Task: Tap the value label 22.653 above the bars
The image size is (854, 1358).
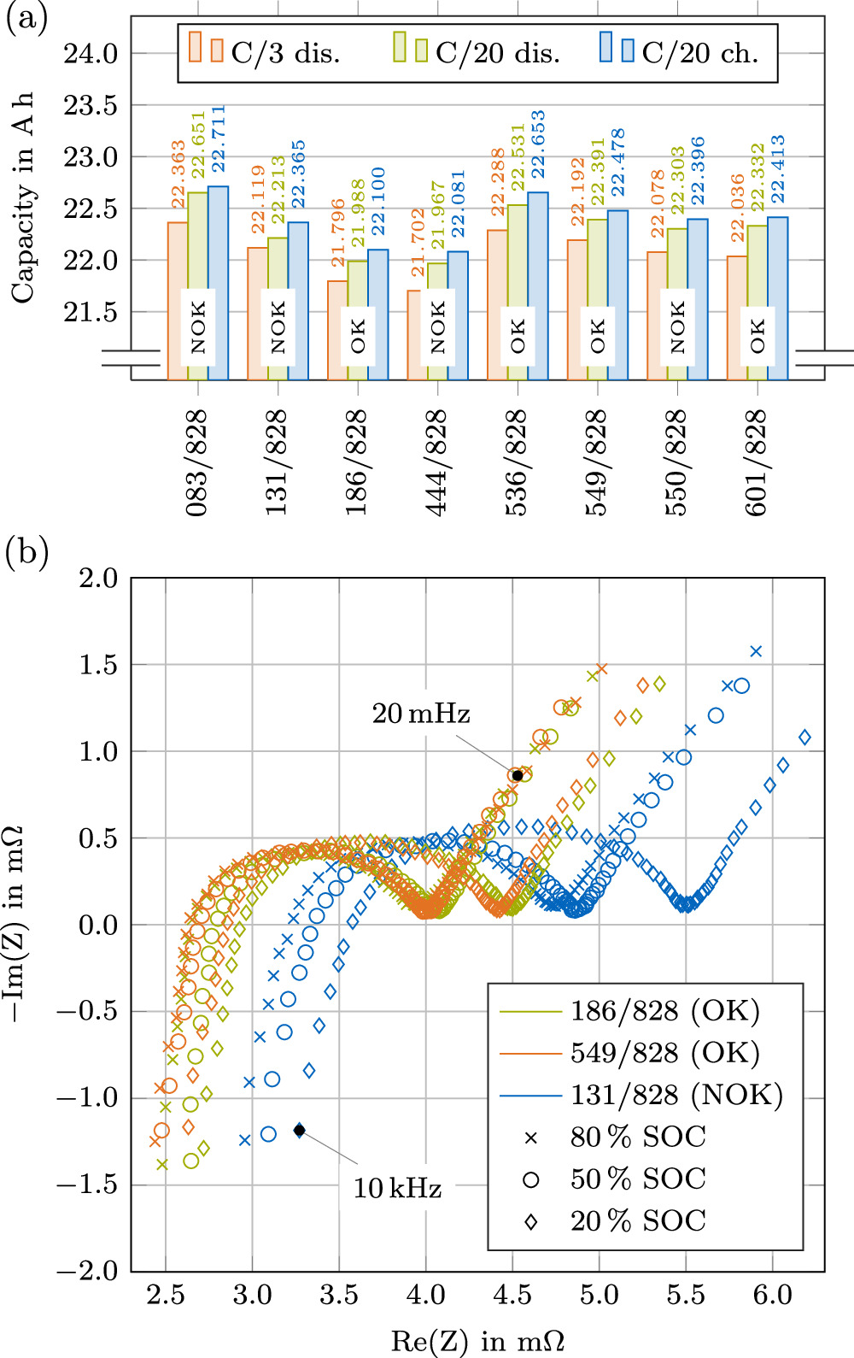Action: tap(538, 144)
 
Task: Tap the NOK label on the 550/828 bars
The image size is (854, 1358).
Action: tap(677, 326)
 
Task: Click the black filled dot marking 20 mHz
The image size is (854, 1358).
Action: tap(518, 775)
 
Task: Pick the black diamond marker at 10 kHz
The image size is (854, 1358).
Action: tap(300, 1130)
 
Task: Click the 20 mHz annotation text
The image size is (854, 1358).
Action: tap(421, 714)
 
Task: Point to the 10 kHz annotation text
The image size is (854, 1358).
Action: tap(397, 1188)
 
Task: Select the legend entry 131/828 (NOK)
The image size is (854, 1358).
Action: tap(676, 1095)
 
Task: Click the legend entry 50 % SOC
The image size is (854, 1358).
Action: tap(638, 1179)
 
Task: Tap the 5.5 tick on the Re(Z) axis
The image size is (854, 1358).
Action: tap(686, 1295)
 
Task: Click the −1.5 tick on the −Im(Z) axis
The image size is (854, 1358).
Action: tap(88, 1185)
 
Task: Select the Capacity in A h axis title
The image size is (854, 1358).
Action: tap(23, 197)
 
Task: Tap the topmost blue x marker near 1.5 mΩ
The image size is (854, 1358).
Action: tap(755, 651)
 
